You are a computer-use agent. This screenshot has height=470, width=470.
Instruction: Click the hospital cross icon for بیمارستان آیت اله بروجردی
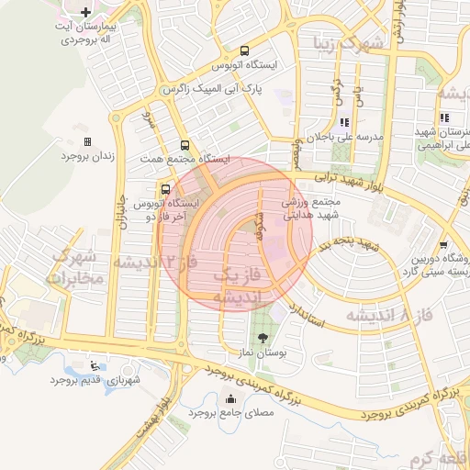[x=85, y=14]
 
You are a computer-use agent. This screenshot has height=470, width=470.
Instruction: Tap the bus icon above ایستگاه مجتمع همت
[x=186, y=145]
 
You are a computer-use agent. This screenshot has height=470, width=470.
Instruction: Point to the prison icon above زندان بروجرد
[x=88, y=141]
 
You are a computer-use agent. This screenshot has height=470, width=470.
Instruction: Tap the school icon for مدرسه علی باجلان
[x=344, y=122]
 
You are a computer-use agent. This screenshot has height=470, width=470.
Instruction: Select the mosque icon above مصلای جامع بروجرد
[x=229, y=398]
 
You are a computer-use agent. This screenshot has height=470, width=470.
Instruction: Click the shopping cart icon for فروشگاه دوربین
[x=444, y=244]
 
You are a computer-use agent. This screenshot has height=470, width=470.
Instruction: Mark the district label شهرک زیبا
[x=341, y=41]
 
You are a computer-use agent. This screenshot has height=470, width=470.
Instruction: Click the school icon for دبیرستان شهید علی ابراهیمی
[x=445, y=117]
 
